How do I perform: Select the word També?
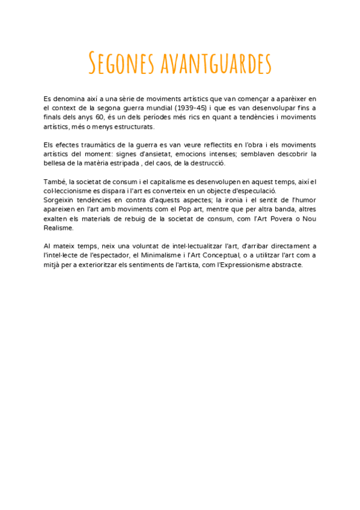[x=54, y=182]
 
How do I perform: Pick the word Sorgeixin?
[x=60, y=200]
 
